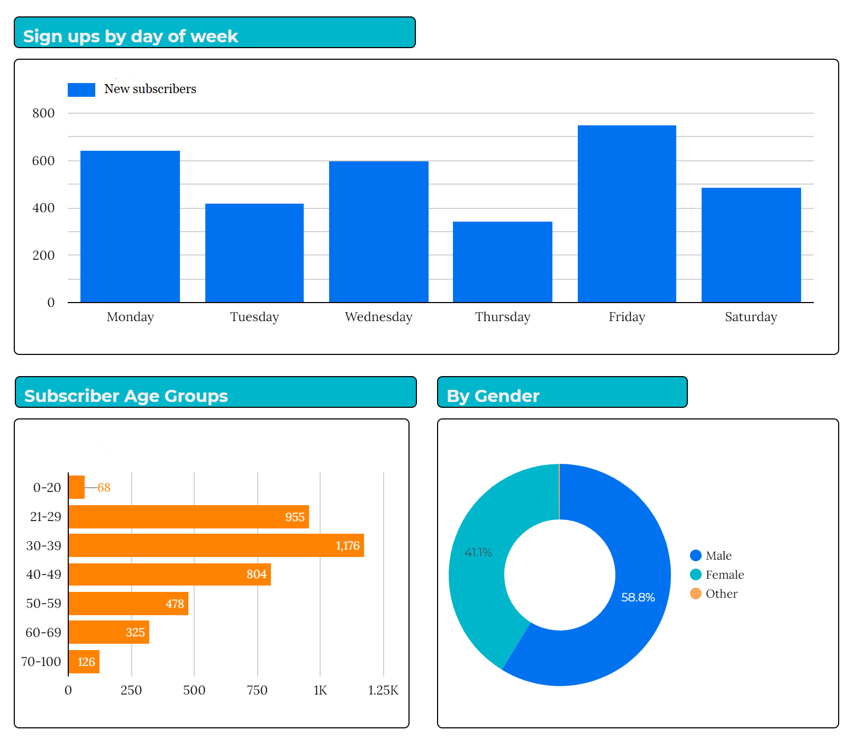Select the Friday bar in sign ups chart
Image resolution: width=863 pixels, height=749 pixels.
click(x=626, y=214)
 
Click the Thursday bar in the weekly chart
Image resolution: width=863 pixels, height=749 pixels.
click(x=502, y=262)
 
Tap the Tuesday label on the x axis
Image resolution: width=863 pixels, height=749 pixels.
click(x=254, y=317)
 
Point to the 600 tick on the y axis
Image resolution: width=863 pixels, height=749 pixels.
click(x=43, y=161)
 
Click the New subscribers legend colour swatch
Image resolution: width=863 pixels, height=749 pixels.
click(x=81, y=89)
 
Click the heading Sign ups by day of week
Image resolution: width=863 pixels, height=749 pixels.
click(x=130, y=36)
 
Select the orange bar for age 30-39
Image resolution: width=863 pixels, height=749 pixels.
click(x=216, y=545)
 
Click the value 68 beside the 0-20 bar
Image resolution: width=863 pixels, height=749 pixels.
click(x=104, y=487)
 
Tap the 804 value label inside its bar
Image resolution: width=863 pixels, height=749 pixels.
click(x=256, y=574)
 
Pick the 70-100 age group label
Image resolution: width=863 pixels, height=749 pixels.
click(x=41, y=661)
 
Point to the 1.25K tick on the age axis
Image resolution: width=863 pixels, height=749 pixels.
click(x=383, y=690)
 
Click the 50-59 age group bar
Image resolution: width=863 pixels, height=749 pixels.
click(x=128, y=604)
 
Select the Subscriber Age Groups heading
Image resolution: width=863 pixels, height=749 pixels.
click(x=126, y=396)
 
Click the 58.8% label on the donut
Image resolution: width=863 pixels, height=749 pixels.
click(x=638, y=597)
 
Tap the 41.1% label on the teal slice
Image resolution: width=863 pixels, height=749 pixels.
click(x=478, y=552)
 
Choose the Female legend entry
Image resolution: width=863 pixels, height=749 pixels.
click(x=724, y=574)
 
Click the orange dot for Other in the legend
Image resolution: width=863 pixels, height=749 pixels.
click(x=695, y=593)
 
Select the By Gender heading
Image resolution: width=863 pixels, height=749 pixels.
click(x=493, y=396)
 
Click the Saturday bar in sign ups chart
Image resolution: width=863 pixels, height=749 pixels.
click(x=751, y=245)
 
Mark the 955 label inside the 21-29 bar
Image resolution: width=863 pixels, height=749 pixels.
click(x=295, y=517)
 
